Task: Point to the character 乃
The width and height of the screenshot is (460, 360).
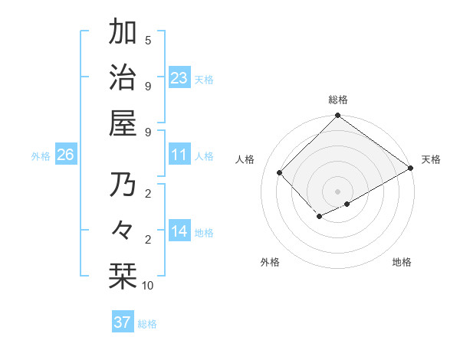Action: pos(123,185)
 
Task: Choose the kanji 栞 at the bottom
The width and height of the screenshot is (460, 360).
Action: pos(123,277)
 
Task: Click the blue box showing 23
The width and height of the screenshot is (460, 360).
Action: pos(179,78)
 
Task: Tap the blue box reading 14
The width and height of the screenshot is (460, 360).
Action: pos(179,232)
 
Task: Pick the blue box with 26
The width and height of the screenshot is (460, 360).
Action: pos(65,155)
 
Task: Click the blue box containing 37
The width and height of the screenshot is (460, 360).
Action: pos(122,322)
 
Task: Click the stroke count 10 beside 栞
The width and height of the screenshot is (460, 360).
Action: pos(148,286)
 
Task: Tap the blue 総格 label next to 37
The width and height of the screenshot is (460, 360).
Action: pos(147,324)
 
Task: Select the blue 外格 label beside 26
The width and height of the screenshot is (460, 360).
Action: pos(41,156)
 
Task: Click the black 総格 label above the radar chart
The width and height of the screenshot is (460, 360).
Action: pos(337,100)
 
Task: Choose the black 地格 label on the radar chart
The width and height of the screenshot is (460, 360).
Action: pos(402,262)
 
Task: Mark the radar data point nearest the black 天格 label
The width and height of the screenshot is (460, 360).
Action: pos(411,168)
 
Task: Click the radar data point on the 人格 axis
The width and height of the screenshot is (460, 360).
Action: pos(280,172)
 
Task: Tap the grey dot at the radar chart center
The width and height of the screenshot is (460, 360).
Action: pos(337,191)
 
